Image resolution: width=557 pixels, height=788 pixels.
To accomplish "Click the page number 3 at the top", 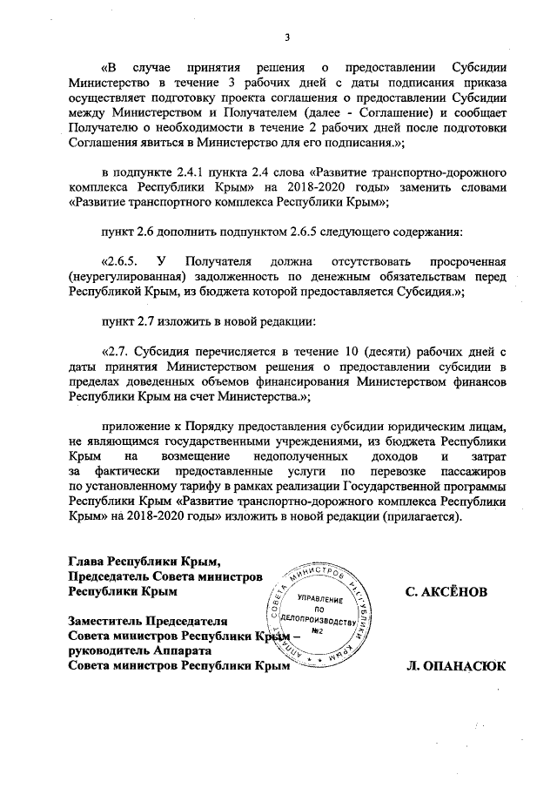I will point(286,37).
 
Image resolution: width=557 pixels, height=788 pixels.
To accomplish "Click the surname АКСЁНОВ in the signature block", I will point(446,591).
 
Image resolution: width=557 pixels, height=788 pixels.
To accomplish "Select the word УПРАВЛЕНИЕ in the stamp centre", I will point(319,601).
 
